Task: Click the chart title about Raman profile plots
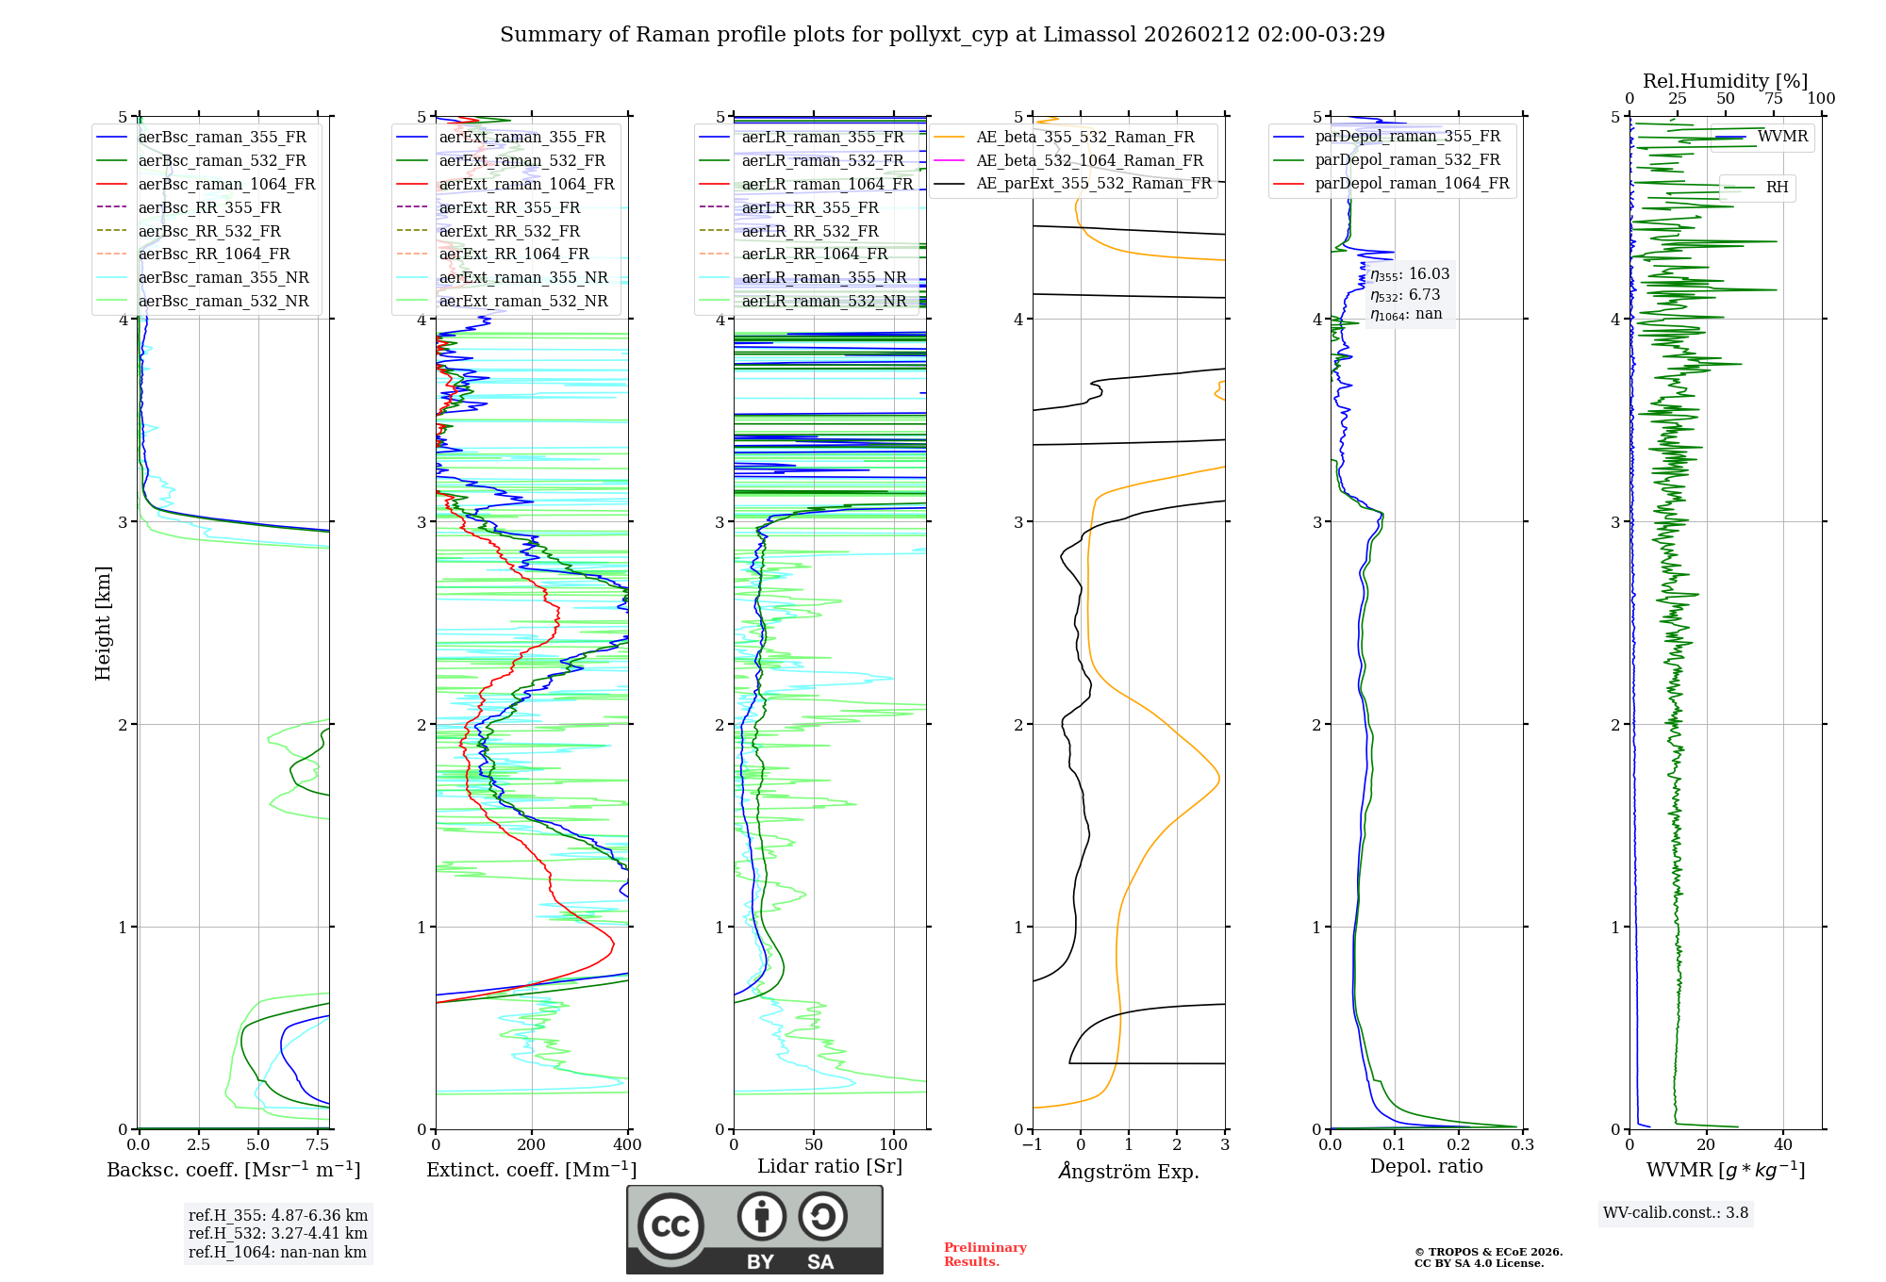pos(942,35)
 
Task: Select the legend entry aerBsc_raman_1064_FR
pos(226,184)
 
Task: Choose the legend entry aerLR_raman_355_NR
pos(823,277)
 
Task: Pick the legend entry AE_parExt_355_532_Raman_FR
pos(1094,183)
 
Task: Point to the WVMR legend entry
pos(1782,137)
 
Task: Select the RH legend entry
pos(1777,188)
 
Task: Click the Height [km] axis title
pos(103,622)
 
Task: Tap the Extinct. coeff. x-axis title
pos(532,1170)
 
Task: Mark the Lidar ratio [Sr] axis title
pos(830,1166)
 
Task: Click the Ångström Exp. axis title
pos(1129,1171)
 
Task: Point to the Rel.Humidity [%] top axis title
pos(1725,81)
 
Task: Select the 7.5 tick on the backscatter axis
pos(318,1144)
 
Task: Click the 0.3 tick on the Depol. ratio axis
pos(1522,1144)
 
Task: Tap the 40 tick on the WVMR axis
pos(1782,1144)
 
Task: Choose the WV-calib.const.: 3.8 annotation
pos(1676,1212)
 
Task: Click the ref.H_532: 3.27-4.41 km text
pos(277,1233)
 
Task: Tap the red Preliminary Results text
pos(984,1254)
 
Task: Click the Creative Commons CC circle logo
pos(670,1225)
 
